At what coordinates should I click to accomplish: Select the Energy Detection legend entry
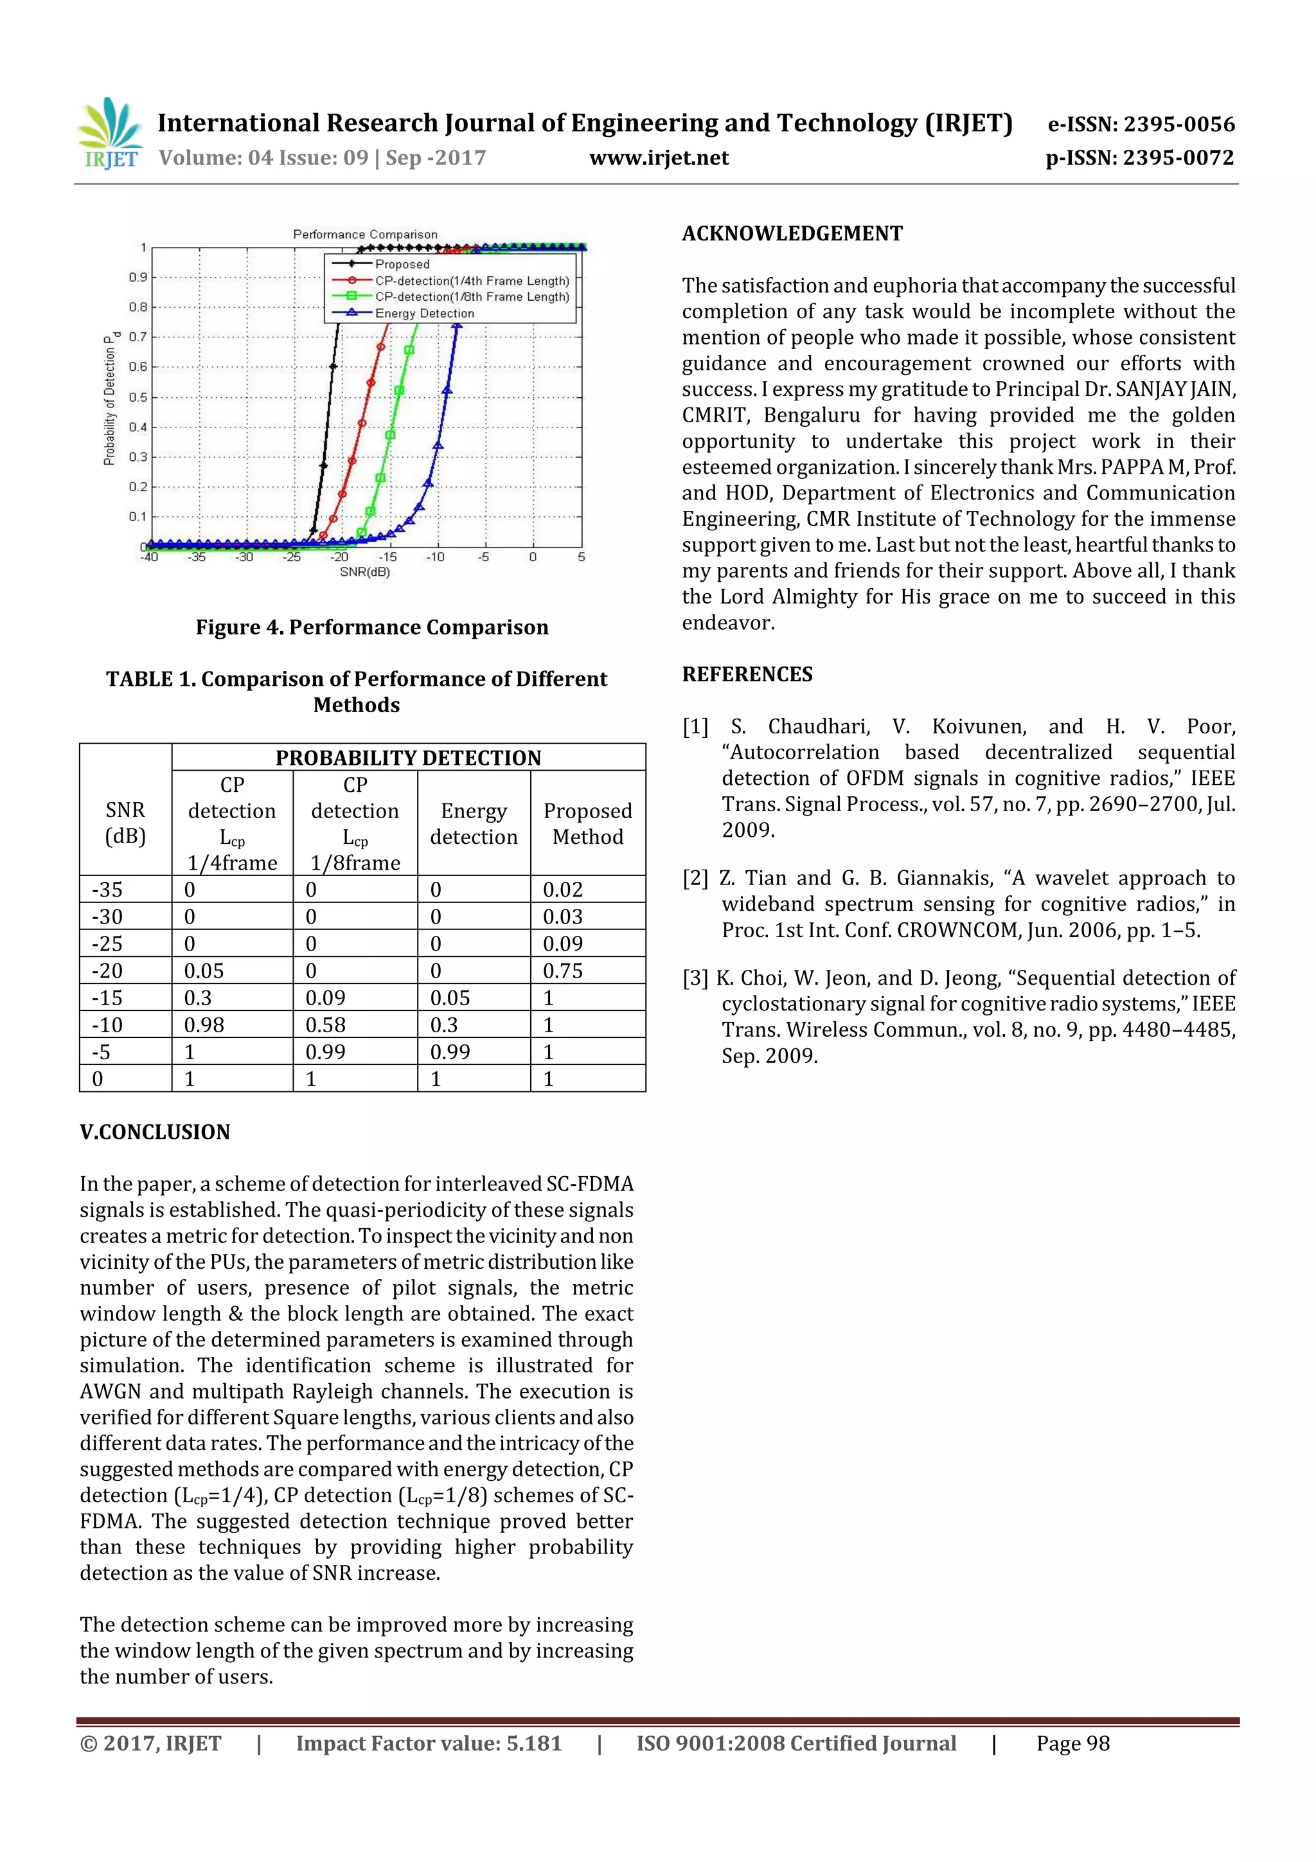click(x=423, y=314)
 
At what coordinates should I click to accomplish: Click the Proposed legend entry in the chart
click(x=402, y=264)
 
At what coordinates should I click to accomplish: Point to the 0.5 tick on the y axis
click(x=138, y=397)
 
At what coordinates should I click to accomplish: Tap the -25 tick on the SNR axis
click(x=291, y=557)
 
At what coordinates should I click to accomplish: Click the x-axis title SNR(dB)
click(x=364, y=572)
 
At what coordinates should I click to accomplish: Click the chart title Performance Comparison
click(x=365, y=235)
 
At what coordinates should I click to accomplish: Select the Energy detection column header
click(x=474, y=823)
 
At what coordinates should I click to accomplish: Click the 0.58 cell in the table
click(x=325, y=1025)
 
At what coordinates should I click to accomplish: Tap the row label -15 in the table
click(x=107, y=998)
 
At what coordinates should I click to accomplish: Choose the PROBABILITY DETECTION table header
click(x=408, y=757)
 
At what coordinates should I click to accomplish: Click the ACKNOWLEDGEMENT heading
click(x=792, y=233)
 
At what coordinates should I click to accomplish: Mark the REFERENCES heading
click(x=747, y=674)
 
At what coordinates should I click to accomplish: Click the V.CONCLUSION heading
click(x=155, y=1131)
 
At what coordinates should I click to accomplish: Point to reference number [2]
click(x=695, y=878)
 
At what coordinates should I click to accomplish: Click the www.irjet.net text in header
click(x=659, y=158)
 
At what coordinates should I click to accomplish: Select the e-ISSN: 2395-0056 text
click(x=1141, y=124)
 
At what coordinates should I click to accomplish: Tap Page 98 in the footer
click(x=1072, y=1744)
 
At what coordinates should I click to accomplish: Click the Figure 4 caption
click(x=371, y=627)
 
